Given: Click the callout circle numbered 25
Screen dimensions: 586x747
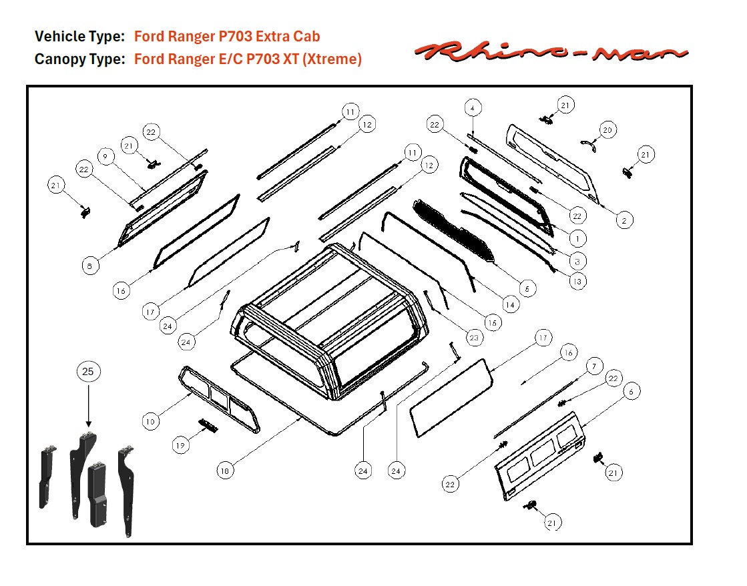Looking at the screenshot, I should pyautogui.click(x=88, y=372).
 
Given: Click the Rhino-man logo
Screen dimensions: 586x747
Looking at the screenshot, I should pyautogui.click(x=551, y=51).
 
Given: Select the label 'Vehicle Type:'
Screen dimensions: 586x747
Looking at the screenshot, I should pyautogui.click(x=79, y=36).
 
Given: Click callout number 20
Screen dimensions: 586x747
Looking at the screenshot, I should pyautogui.click(x=607, y=130).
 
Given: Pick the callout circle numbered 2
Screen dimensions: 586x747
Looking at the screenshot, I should pyautogui.click(x=624, y=220).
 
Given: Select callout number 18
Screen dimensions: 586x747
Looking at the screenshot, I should pyautogui.click(x=226, y=471).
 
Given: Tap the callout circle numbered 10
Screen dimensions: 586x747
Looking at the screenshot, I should pyautogui.click(x=151, y=421).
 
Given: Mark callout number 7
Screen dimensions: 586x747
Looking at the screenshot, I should pyautogui.click(x=593, y=366).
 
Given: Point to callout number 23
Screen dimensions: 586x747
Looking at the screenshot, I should pyautogui.click(x=473, y=338).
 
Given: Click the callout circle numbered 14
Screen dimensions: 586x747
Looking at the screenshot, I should pyautogui.click(x=510, y=304).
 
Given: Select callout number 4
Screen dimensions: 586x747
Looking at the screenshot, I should pyautogui.click(x=472, y=107).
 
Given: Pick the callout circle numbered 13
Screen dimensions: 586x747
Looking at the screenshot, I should pyautogui.click(x=577, y=281).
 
